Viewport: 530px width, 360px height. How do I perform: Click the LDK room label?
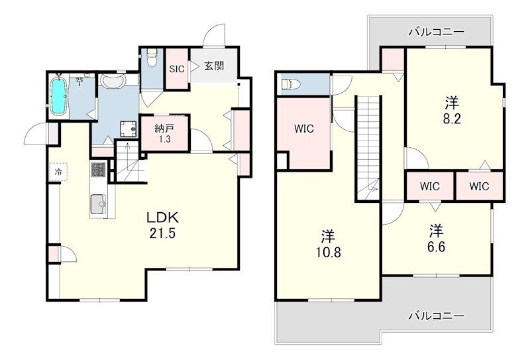click(162, 217)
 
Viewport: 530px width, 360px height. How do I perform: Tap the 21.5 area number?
click(162, 233)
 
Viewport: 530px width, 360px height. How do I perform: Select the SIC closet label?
click(177, 69)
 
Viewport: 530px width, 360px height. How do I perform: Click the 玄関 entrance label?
click(214, 66)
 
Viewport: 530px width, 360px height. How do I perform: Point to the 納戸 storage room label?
click(164, 128)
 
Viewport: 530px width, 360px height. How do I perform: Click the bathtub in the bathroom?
click(58, 95)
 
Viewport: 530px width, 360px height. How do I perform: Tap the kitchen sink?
click(99, 204)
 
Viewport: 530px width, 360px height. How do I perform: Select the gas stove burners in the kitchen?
click(99, 170)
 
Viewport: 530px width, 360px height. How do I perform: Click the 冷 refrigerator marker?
click(58, 172)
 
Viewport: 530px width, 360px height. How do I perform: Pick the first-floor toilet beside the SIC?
click(152, 58)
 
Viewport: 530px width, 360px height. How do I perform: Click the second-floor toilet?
click(291, 84)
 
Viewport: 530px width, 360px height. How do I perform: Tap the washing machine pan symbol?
click(129, 129)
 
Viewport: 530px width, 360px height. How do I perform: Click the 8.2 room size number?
click(452, 119)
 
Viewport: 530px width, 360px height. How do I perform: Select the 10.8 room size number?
click(328, 253)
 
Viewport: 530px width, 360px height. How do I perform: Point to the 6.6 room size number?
click(437, 247)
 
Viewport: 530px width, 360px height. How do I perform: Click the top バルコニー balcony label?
click(436, 32)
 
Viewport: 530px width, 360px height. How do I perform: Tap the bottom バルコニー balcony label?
click(436, 316)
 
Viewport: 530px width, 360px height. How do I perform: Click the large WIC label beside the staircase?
click(304, 129)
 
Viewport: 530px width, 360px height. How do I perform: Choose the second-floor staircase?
click(368, 149)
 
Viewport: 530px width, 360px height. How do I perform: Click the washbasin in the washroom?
click(113, 81)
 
